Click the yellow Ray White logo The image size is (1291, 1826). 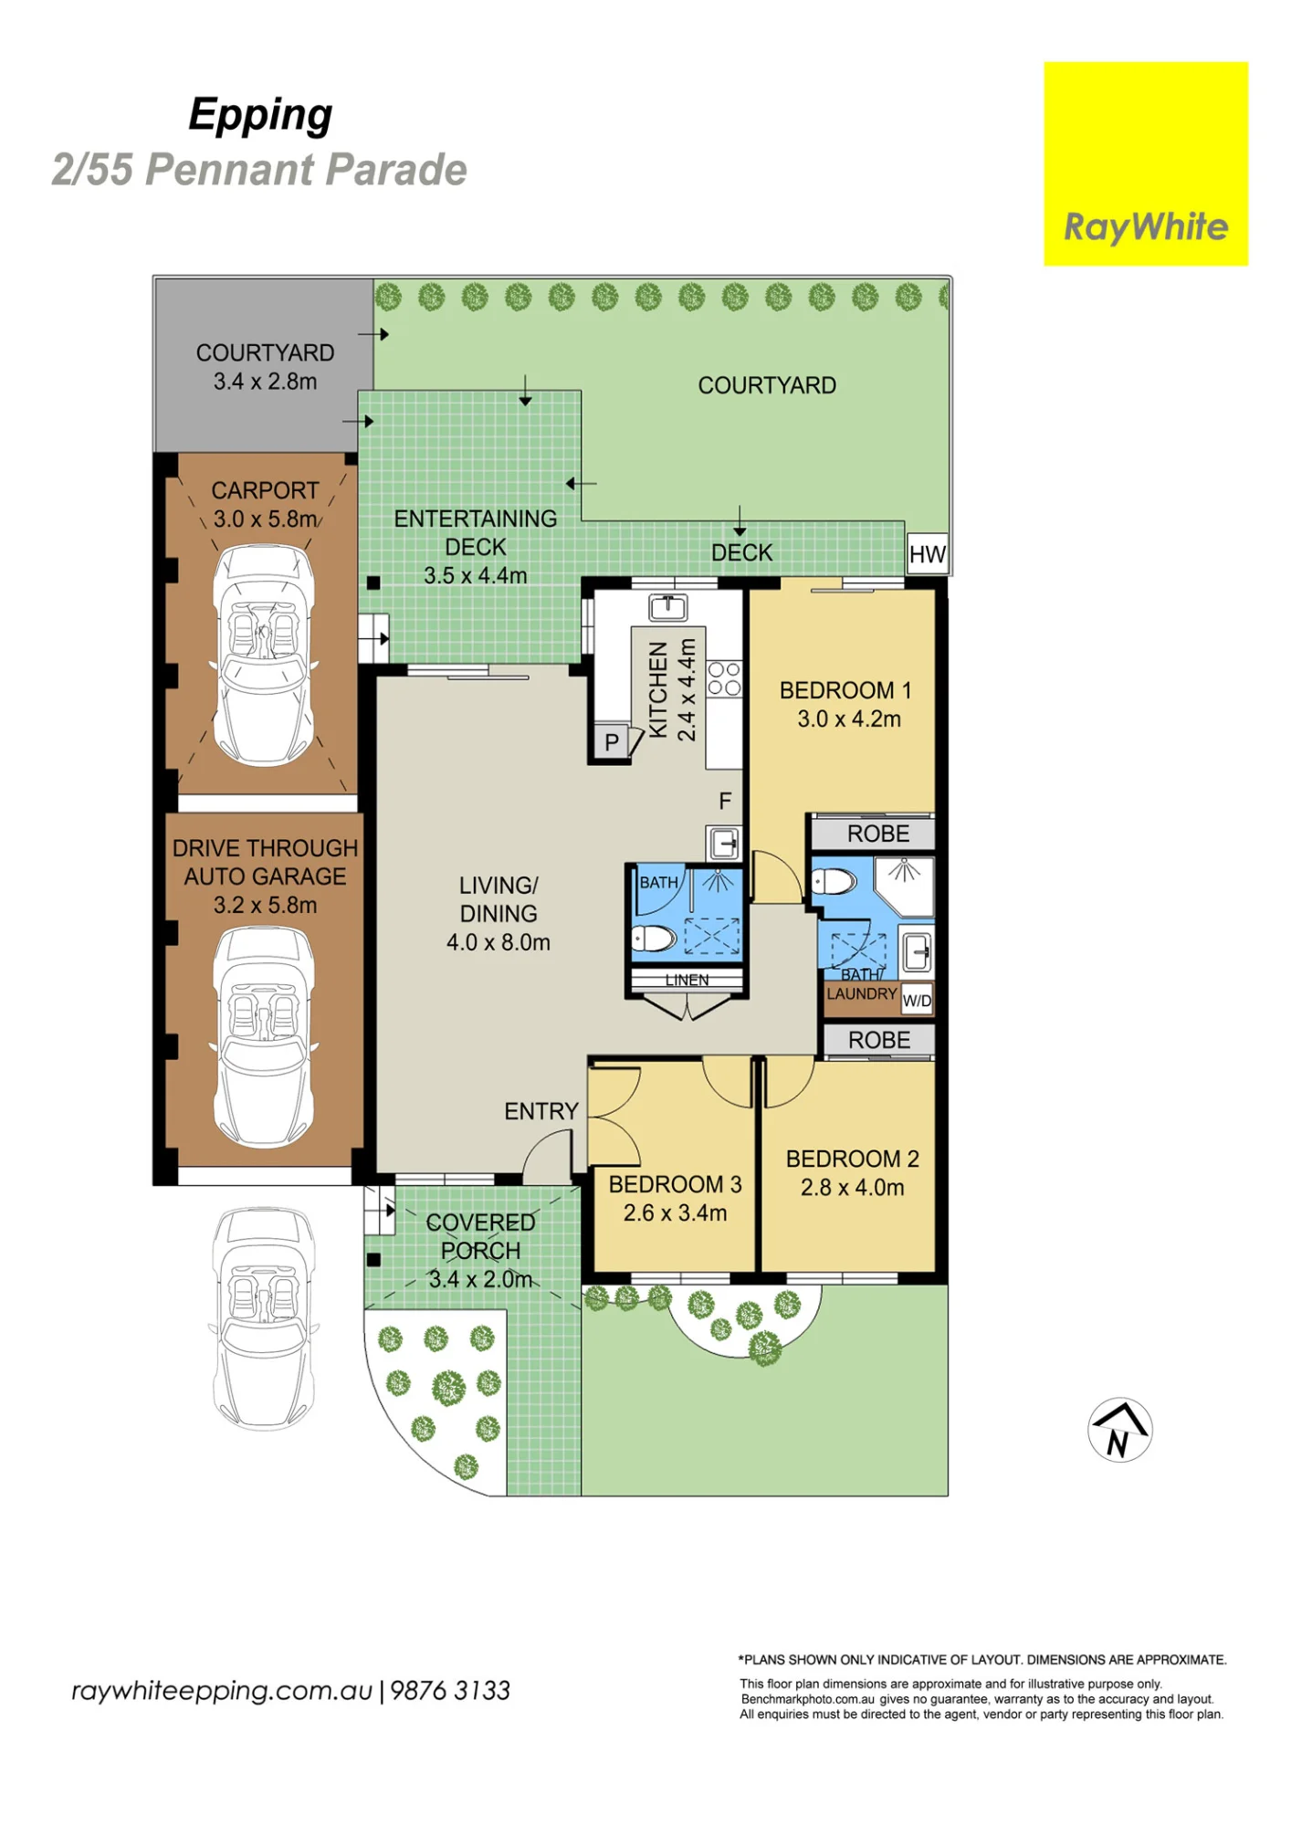tap(1146, 163)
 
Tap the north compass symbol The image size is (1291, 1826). tap(1120, 1430)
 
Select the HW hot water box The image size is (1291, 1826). tap(927, 554)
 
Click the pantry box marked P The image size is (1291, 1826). tap(612, 741)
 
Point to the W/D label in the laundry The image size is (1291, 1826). tap(917, 1001)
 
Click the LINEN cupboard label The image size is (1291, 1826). tap(687, 980)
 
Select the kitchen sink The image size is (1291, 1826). tap(668, 606)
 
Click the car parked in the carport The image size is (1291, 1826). tap(264, 655)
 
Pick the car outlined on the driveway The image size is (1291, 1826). tap(264, 1317)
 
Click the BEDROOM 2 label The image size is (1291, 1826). tap(852, 1159)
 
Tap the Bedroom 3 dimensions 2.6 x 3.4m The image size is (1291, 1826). tap(675, 1213)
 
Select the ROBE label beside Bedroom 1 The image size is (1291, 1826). tap(878, 834)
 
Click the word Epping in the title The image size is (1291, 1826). tap(260, 116)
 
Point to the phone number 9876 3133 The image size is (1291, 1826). tap(450, 1691)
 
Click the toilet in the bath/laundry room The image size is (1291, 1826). tap(833, 882)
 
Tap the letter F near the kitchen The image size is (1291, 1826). tap(725, 801)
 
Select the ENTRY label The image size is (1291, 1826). tap(541, 1111)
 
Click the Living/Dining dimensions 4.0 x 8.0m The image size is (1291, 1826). tap(499, 942)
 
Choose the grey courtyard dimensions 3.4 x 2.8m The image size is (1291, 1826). tap(265, 382)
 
